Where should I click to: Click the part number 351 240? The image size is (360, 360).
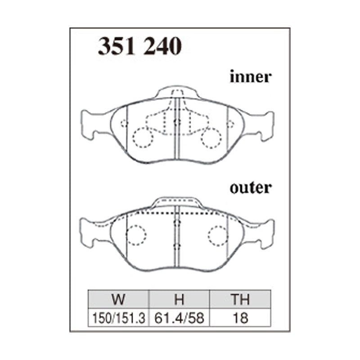[x=140, y=46]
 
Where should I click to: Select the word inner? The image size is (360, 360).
[x=251, y=76]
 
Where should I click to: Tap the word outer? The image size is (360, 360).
[x=251, y=188]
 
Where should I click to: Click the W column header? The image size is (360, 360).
[x=118, y=299]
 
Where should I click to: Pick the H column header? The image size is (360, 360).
[x=179, y=299]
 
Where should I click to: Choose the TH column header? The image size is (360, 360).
[x=240, y=299]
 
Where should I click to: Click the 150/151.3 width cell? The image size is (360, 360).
[x=118, y=318]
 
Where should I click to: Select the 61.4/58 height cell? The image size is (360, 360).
[x=179, y=318]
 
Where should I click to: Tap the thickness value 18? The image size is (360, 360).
[x=240, y=318]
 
